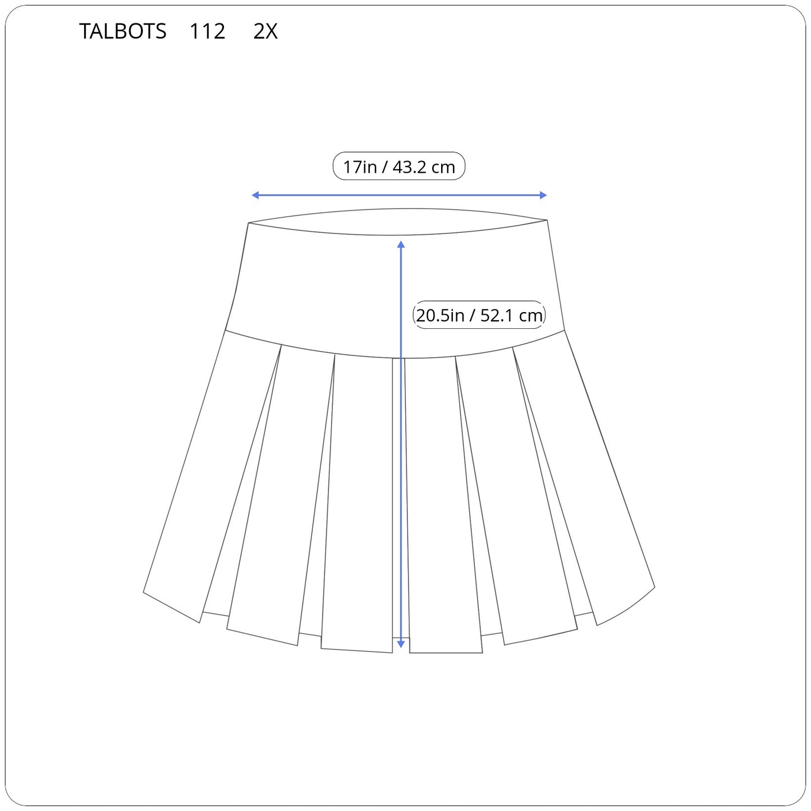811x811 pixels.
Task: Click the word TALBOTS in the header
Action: pyautogui.click(x=122, y=31)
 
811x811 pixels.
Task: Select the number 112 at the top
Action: pyautogui.click(x=208, y=31)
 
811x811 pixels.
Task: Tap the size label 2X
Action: pyautogui.click(x=265, y=31)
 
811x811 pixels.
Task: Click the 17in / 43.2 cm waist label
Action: pyautogui.click(x=398, y=166)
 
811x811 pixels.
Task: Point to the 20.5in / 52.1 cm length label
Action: pyautogui.click(x=479, y=315)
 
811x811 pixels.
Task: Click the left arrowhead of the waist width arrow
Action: pyautogui.click(x=255, y=195)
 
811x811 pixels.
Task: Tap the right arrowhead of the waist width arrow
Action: pyautogui.click(x=543, y=195)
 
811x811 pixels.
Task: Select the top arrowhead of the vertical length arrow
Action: pyautogui.click(x=401, y=245)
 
